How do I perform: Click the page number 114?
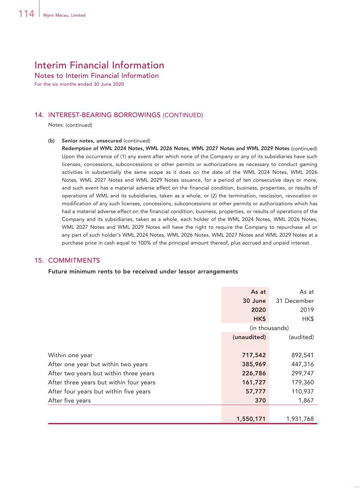click(x=26, y=14)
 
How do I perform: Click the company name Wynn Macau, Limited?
click(x=64, y=15)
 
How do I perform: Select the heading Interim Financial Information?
click(x=99, y=65)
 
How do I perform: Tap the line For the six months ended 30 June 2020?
click(x=79, y=84)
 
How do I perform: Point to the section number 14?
click(x=39, y=115)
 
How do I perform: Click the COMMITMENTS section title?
click(x=74, y=260)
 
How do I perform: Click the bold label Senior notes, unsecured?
click(x=92, y=141)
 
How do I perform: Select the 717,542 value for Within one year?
click(x=254, y=355)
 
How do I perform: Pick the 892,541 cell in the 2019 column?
click(x=302, y=355)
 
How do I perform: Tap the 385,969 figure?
click(x=254, y=364)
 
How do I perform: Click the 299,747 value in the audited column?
click(x=302, y=373)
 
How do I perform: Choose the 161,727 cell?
click(x=254, y=382)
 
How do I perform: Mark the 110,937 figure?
click(x=302, y=391)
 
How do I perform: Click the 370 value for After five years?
click(x=260, y=400)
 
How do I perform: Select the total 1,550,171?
click(x=251, y=419)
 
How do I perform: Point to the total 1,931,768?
click(x=300, y=419)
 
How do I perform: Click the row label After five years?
click(x=69, y=400)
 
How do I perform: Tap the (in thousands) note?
click(x=269, y=328)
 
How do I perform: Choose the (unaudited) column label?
click(x=249, y=337)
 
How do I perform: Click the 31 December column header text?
click(x=295, y=301)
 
